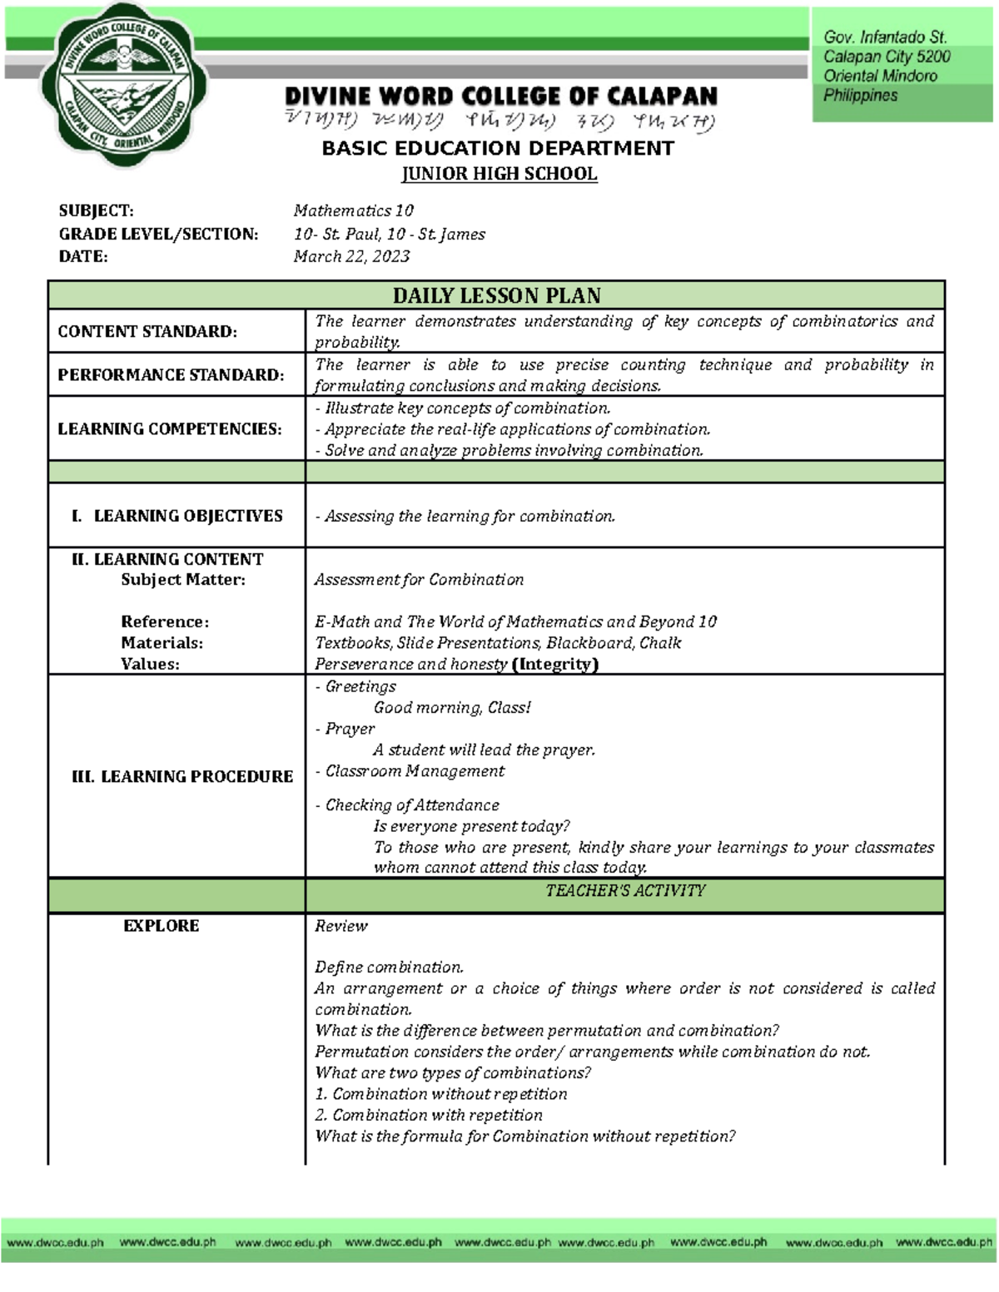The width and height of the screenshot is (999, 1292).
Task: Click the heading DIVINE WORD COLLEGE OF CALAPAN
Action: [500, 97]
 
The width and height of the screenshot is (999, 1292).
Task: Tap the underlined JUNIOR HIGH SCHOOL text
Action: [499, 174]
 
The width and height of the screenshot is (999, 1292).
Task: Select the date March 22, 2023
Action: [351, 256]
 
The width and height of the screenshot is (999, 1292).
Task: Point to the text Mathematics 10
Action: [353, 210]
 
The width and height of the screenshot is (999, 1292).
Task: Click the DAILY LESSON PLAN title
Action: [496, 295]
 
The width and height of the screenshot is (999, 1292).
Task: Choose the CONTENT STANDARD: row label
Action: [147, 331]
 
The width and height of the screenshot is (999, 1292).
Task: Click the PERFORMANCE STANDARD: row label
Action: [171, 374]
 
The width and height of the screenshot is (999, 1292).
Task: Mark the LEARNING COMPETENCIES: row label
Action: [170, 428]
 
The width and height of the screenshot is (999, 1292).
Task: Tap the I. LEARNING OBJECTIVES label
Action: [177, 516]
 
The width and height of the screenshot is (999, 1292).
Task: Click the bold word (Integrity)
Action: [555, 664]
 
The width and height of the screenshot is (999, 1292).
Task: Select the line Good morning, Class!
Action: [451, 707]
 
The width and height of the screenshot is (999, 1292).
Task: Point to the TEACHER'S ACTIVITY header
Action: [624, 891]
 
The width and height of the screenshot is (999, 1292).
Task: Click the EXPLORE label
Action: [161, 926]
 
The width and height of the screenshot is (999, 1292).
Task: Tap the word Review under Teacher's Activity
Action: [340, 926]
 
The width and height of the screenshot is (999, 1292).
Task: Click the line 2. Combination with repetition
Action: [429, 1115]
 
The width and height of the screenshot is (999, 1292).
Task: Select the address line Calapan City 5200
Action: [887, 57]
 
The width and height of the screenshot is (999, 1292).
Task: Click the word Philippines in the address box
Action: [860, 96]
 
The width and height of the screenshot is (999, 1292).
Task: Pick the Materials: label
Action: [162, 642]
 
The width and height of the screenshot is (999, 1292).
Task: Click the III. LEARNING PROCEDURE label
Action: [182, 776]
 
